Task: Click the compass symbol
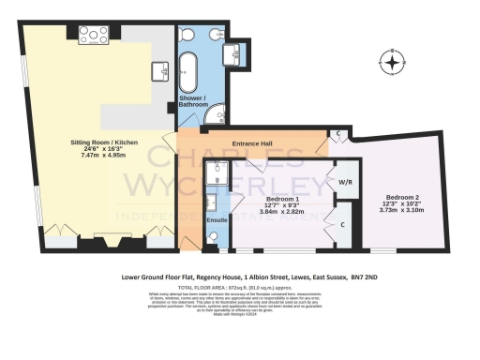(391, 64)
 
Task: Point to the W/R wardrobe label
(343, 181)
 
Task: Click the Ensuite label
(216, 219)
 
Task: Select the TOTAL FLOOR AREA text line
(239, 289)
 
